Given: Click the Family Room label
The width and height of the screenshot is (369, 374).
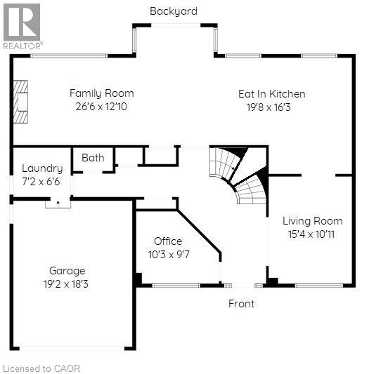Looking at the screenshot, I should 101,93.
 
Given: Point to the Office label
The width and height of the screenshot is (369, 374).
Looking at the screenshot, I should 169,241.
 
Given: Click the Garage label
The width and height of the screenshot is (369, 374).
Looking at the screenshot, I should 67,271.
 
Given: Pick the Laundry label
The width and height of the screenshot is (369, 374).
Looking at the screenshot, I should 42,168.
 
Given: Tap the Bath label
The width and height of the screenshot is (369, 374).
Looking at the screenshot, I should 93,158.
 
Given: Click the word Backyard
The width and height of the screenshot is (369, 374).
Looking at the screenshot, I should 173,11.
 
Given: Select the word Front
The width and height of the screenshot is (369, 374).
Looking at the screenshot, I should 241,304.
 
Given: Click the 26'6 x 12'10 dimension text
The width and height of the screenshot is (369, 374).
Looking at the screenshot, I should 101,107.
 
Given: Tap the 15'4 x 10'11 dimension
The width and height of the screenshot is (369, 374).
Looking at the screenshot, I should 310,234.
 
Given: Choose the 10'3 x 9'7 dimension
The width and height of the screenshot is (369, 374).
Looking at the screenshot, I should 169,254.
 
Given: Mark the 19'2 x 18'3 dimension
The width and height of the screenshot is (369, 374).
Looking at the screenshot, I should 67,284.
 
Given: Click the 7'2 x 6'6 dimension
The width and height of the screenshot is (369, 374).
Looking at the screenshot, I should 42,182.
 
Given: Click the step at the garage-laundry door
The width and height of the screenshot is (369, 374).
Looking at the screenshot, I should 58,204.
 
